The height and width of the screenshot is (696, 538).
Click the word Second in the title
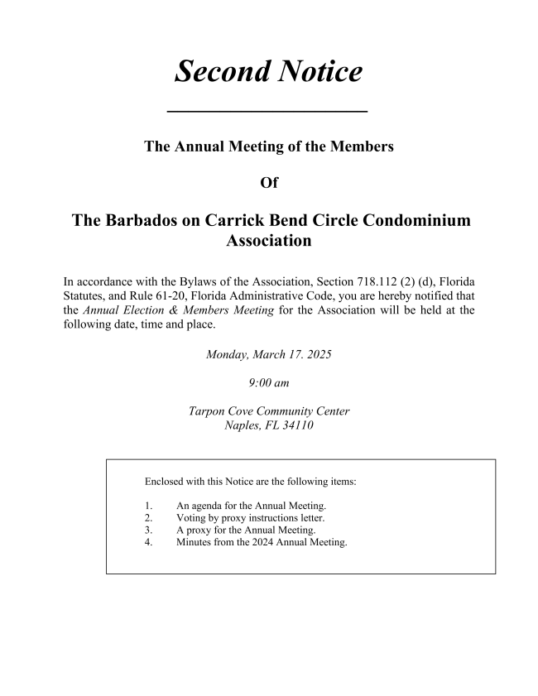tap(219, 72)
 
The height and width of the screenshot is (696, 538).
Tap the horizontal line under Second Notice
tap(267, 111)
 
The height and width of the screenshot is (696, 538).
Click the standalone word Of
tap(269, 183)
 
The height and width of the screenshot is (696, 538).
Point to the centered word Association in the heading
tap(269, 242)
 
